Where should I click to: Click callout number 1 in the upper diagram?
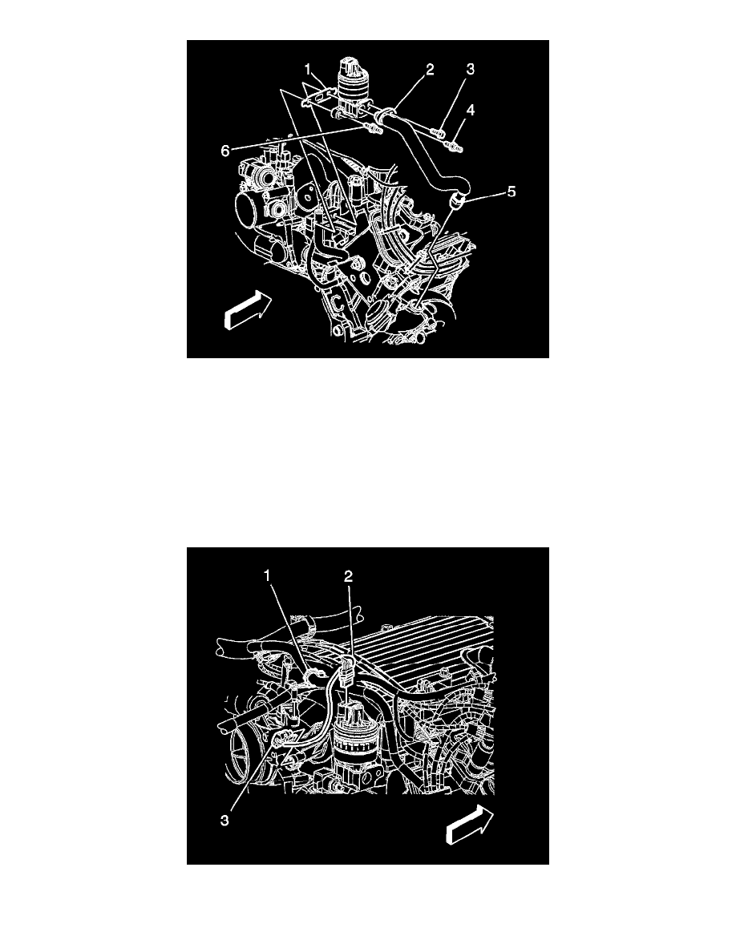click(308, 68)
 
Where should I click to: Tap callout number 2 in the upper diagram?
click(430, 69)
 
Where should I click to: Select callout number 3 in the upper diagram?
click(470, 69)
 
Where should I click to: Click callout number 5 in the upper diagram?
click(512, 192)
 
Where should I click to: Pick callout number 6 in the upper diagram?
click(225, 151)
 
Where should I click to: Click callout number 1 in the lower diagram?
click(267, 575)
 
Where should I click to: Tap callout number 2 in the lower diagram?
click(349, 575)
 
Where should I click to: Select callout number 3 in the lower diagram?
click(224, 821)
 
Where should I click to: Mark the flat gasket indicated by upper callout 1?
click(320, 96)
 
